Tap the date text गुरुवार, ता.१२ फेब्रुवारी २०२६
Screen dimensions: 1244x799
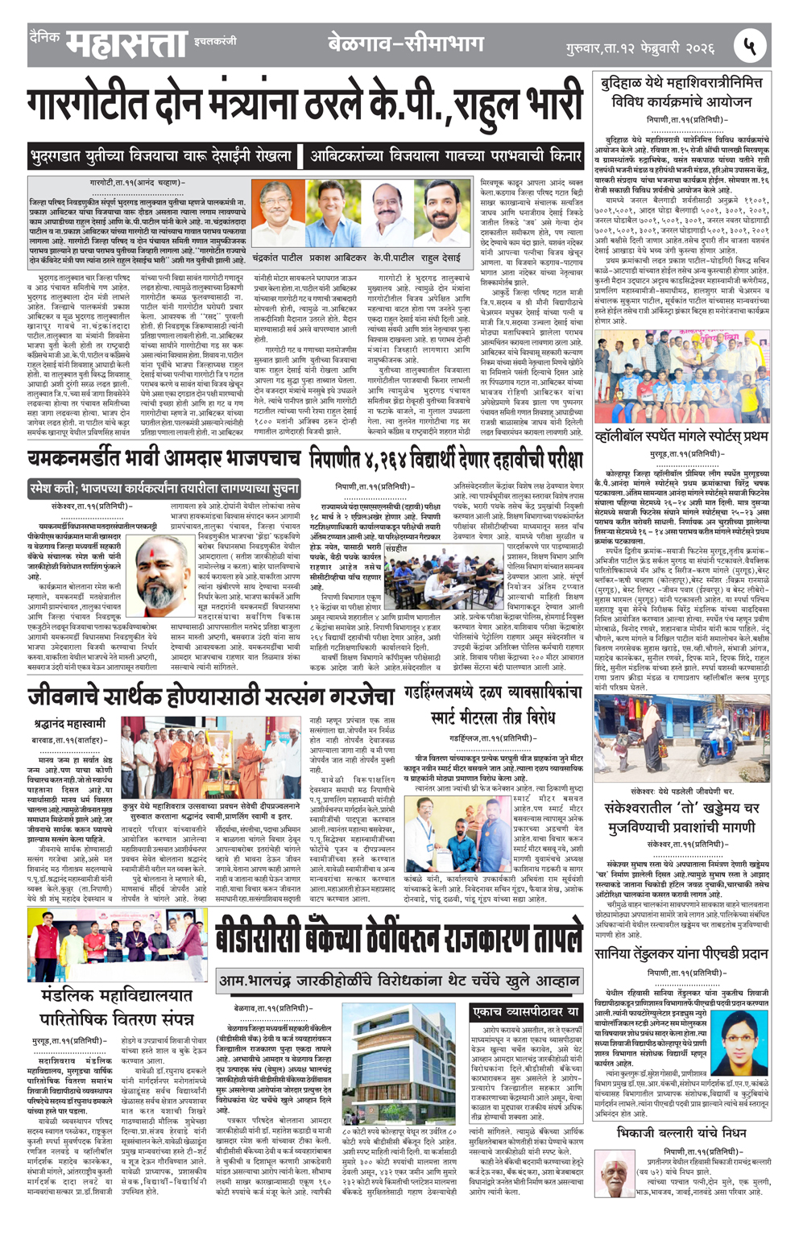tap(640, 48)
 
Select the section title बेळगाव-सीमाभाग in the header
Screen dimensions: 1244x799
tap(406, 43)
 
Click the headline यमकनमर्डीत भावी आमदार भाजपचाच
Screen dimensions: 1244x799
tap(164, 460)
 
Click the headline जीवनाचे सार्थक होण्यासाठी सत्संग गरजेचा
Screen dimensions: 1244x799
tap(211, 694)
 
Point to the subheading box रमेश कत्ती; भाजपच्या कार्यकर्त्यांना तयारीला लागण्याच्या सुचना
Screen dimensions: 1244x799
tap(164, 489)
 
